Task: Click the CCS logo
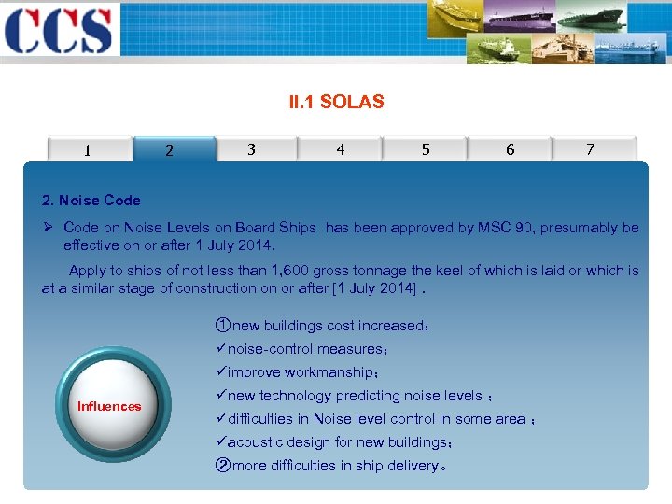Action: coord(58,31)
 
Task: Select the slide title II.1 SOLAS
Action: coord(336,102)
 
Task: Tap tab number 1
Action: coord(87,149)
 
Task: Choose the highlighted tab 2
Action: coord(169,149)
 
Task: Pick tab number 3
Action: coord(251,149)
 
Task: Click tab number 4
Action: coord(340,149)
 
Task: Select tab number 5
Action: coord(426,149)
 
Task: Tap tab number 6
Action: coord(510,149)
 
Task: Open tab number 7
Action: coord(590,149)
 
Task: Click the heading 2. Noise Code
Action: coord(91,200)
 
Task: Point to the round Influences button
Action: coord(110,406)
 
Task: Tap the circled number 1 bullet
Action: coord(222,326)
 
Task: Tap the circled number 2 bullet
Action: coord(222,466)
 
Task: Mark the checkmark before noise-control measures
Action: coord(220,349)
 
